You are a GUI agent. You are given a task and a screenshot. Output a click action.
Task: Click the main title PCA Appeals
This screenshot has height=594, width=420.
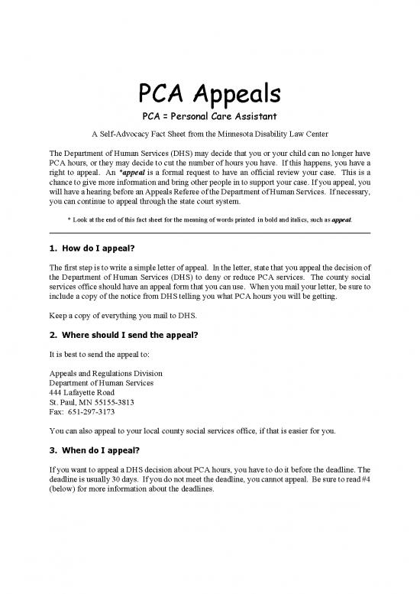coord(209,93)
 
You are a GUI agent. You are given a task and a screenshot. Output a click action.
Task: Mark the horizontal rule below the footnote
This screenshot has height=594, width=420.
coord(209,233)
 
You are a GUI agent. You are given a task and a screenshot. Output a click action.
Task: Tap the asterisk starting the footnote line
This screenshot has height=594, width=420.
coord(69,219)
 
